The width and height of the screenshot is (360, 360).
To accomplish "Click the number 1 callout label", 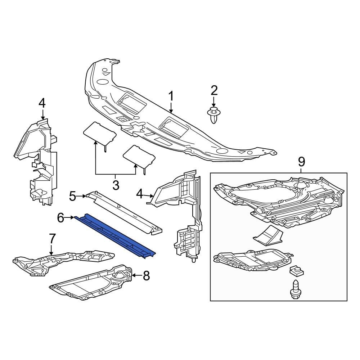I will click(171, 96).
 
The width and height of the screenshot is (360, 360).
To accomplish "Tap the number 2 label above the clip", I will click(214, 90).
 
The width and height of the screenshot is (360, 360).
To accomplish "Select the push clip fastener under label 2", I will click(214, 115).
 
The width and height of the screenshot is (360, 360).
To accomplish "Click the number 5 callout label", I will click(73, 196).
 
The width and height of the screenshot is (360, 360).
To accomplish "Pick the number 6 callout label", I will click(60, 217).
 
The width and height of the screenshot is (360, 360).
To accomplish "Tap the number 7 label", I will click(52, 238).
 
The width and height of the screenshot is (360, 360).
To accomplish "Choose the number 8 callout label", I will click(146, 276).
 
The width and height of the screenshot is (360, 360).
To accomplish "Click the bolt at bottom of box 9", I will click(294, 288).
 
